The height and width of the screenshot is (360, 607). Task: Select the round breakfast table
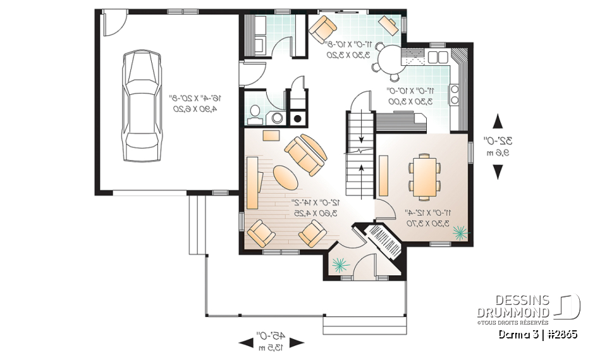[386, 62]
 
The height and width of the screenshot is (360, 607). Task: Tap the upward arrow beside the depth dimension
[498, 120]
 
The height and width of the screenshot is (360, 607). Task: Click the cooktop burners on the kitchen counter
[455, 95]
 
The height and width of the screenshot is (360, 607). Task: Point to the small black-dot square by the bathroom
[297, 117]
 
